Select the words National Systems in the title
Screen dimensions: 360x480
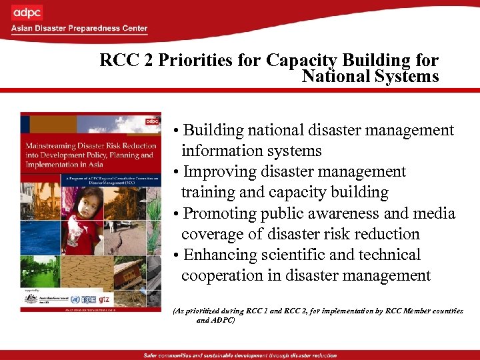coord(370,76)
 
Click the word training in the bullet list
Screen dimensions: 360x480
coord(208,193)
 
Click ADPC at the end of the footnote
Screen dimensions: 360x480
coord(223,320)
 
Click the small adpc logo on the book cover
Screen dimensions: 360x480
coord(152,121)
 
